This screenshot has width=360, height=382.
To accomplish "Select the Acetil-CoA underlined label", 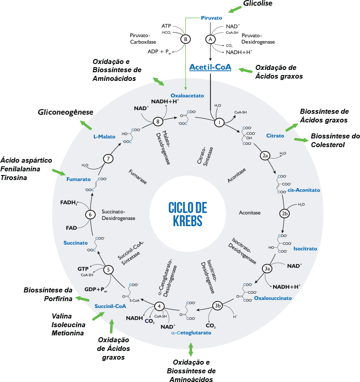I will tap(210, 68).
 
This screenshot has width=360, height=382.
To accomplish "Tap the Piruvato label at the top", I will tap(211, 18).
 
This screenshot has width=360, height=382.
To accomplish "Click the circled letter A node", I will tap(210, 39).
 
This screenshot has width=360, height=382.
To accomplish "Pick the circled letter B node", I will tap(186, 39).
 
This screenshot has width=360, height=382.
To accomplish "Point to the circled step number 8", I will tap(158, 122).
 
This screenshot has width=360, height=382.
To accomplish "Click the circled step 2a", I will tap(265, 156).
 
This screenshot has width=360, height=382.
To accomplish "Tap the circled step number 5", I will tap(108, 270).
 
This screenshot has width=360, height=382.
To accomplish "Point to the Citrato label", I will tap(275, 136).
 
